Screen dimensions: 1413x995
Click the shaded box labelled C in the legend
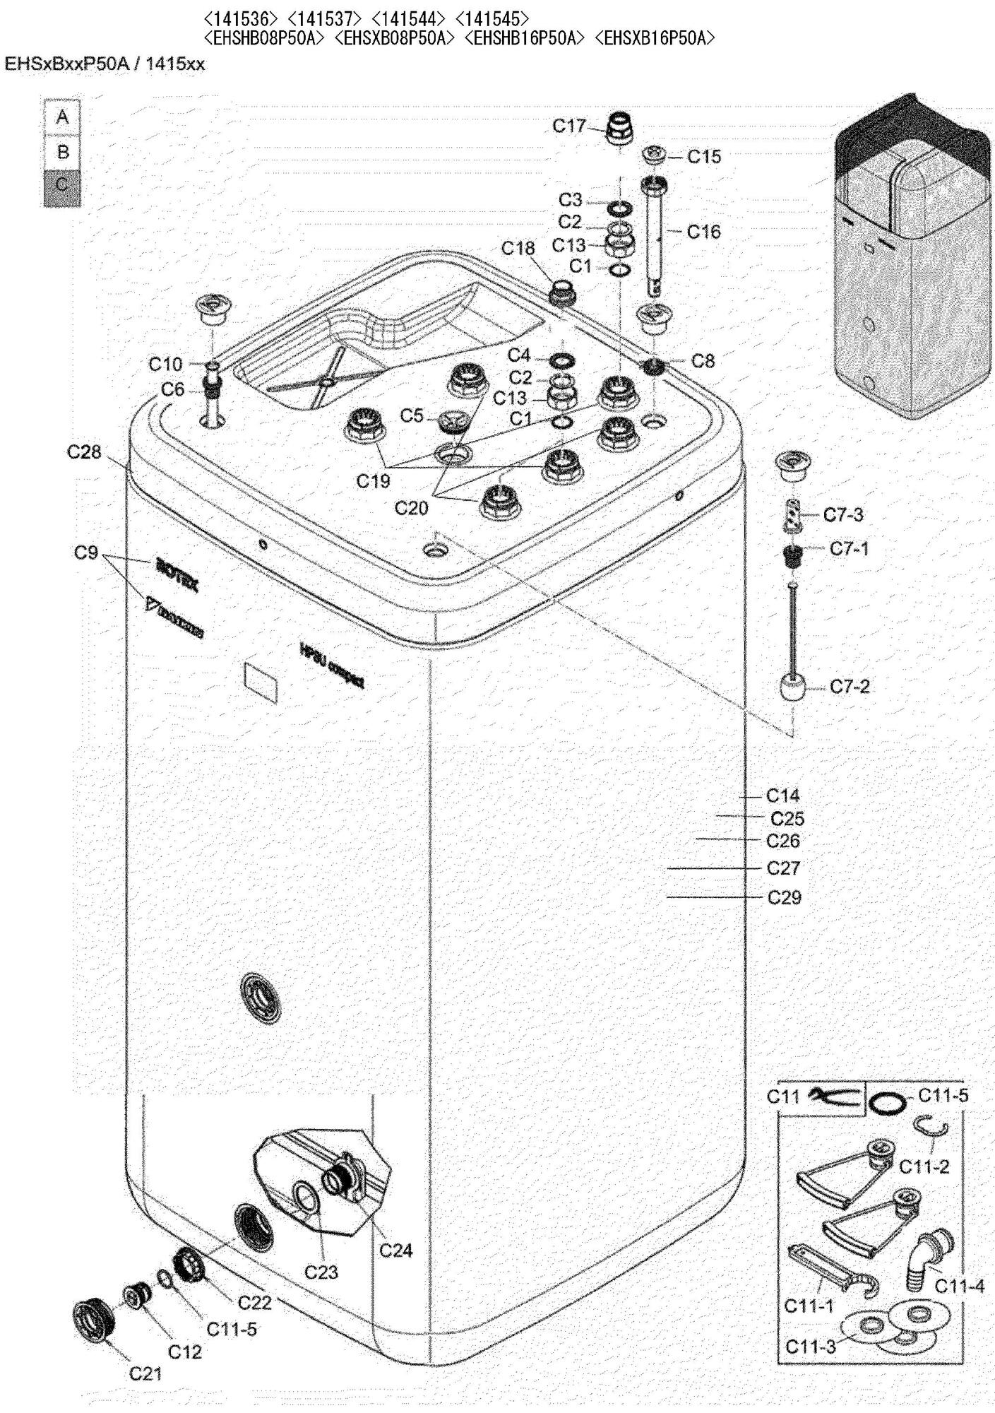pyautogui.click(x=62, y=187)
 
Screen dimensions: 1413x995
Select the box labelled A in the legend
pyautogui.click(x=62, y=117)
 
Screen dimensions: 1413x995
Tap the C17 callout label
pyautogui.click(x=568, y=126)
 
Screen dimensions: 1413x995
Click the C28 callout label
pyautogui.click(x=84, y=451)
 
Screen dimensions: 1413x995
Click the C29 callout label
pyautogui.click(x=785, y=897)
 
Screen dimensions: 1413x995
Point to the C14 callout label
pyautogui.click(x=783, y=796)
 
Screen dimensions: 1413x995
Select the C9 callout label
pyautogui.click(x=85, y=552)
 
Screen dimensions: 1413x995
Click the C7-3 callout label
pyautogui.click(x=843, y=514)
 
